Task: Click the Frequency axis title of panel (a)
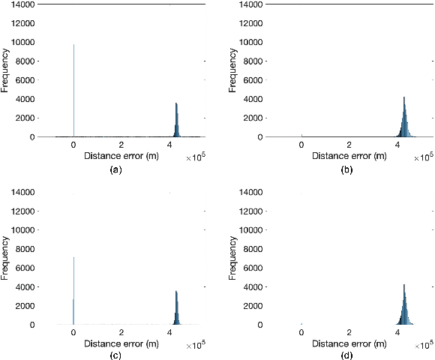[x=5, y=71]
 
